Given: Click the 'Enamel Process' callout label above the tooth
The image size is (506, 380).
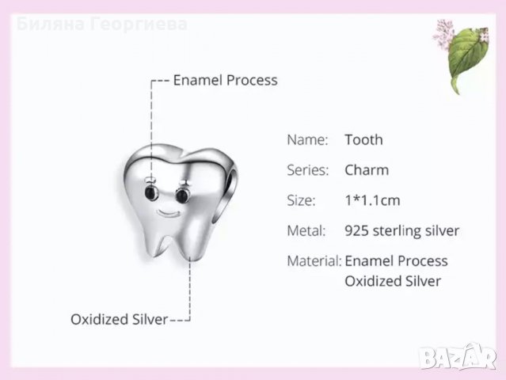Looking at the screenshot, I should (x=225, y=80).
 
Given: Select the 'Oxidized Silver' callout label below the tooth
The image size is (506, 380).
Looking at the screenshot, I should (x=119, y=320).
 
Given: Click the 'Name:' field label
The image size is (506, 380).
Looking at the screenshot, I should (x=306, y=140).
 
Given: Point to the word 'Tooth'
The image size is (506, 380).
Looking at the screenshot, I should (x=363, y=140).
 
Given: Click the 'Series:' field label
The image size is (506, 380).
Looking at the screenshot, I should (x=307, y=170).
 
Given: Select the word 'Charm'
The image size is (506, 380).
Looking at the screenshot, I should (x=367, y=170).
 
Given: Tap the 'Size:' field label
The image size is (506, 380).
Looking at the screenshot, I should (x=301, y=200).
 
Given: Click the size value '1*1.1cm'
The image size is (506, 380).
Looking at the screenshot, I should (x=371, y=200).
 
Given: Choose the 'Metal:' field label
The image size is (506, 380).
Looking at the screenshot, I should (x=306, y=231).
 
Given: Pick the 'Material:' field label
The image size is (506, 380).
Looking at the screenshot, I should (x=313, y=261).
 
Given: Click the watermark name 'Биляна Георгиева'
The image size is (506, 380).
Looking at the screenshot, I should (x=101, y=24).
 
